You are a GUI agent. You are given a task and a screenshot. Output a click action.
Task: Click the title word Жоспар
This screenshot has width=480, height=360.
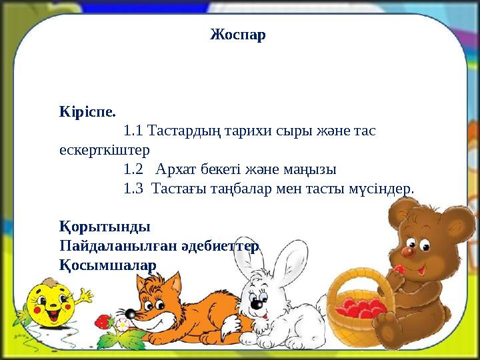coord(238,34)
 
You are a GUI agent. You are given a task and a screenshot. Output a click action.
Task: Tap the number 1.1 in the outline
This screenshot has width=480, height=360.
coord(133,129)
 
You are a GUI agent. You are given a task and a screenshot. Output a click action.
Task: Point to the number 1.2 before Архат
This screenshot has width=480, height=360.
coord(133,168)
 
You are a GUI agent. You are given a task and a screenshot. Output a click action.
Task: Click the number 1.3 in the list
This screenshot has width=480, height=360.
coord(133,188)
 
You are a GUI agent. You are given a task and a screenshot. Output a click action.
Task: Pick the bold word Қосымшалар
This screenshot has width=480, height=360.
coord(107,265)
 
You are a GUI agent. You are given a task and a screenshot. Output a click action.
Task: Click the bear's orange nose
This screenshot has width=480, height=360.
coord(408,252)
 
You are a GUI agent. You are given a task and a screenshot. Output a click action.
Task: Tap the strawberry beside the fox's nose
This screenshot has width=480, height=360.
coord(103,322)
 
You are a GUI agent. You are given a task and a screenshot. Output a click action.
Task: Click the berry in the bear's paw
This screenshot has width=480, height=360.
coord(399,270)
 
